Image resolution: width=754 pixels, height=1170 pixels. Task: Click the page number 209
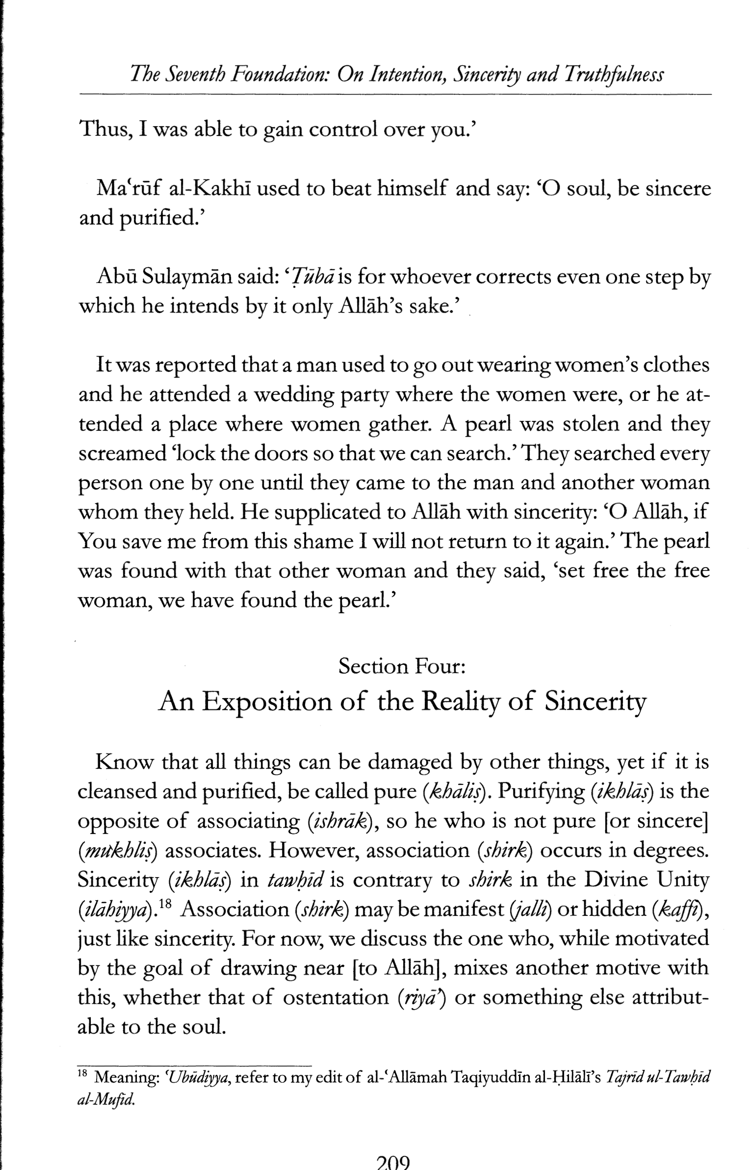(x=392, y=1163)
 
